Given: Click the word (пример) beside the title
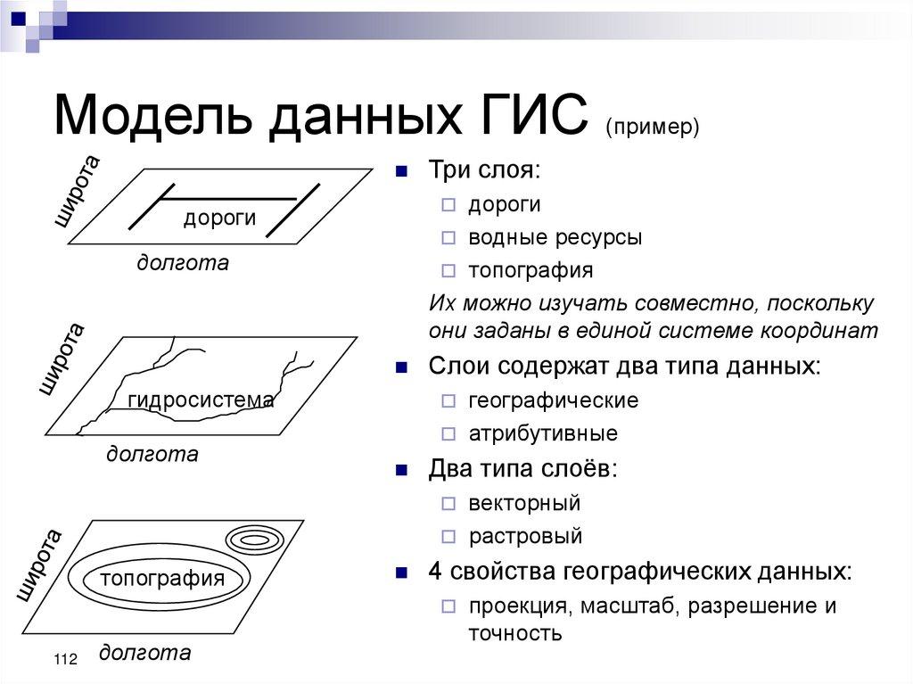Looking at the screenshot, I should pyautogui.click(x=652, y=127).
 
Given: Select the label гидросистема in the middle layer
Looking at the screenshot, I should pyautogui.click(x=201, y=400).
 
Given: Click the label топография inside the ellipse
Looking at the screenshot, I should pyautogui.click(x=162, y=578).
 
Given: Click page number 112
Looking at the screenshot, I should pyautogui.click(x=65, y=660).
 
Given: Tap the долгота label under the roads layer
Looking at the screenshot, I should pyautogui.click(x=182, y=263).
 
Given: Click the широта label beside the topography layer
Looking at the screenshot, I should pyautogui.click(x=40, y=565).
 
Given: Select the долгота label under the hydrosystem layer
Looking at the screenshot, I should pyautogui.click(x=152, y=454).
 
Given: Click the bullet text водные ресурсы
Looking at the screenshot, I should pyautogui.click(x=555, y=238).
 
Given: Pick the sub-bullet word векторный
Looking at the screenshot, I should pyautogui.click(x=524, y=503).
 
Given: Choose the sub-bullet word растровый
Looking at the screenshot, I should pyautogui.click(x=525, y=537).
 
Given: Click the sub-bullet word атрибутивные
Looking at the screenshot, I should pyautogui.click(x=542, y=434).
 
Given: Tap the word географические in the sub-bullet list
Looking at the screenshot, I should pyautogui.click(x=553, y=400).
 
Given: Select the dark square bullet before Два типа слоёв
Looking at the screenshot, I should pyautogui.click(x=402, y=469).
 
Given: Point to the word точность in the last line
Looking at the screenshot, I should pyautogui.click(x=514, y=633).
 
